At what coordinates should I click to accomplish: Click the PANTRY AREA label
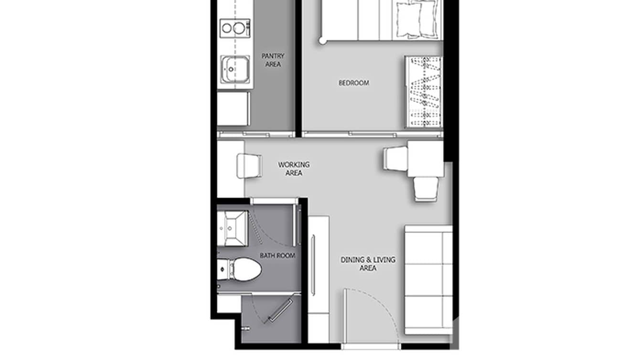tap(273, 60)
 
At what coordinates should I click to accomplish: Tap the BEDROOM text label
tap(354, 83)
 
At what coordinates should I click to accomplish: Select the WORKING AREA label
tap(294, 169)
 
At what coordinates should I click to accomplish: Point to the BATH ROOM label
tap(278, 255)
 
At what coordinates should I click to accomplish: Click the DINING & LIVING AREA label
tap(368, 264)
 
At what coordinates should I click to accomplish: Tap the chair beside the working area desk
tap(249, 166)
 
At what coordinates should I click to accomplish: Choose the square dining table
tap(425, 159)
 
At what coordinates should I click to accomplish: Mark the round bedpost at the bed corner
tap(323, 42)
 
